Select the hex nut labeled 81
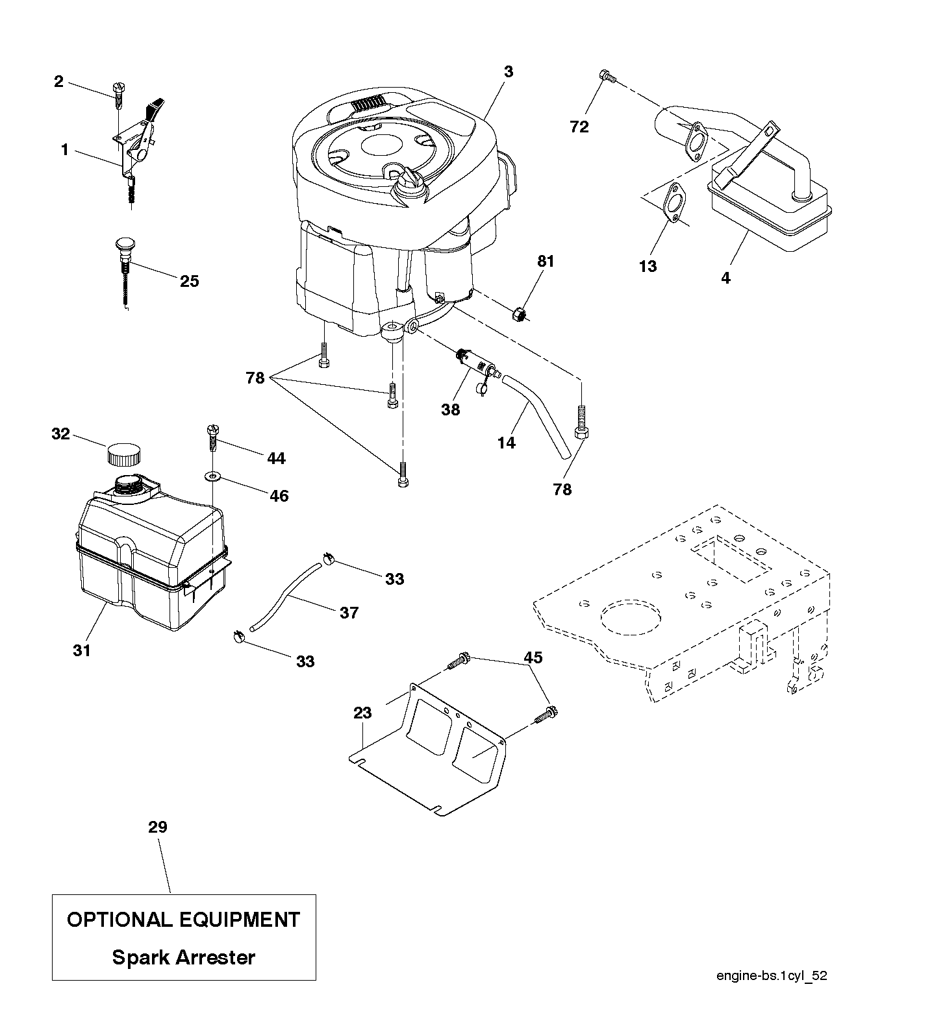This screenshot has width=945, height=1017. point(519,315)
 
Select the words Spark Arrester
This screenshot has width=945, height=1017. point(184,957)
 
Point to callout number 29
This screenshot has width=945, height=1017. point(157,827)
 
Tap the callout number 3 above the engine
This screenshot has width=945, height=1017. point(508,71)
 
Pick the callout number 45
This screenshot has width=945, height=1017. point(533,657)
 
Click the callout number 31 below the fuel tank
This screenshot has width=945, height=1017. point(82,649)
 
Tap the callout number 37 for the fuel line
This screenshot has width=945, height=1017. point(349,612)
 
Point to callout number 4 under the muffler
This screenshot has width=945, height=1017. point(725,278)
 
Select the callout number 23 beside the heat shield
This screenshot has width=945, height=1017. point(362,713)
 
